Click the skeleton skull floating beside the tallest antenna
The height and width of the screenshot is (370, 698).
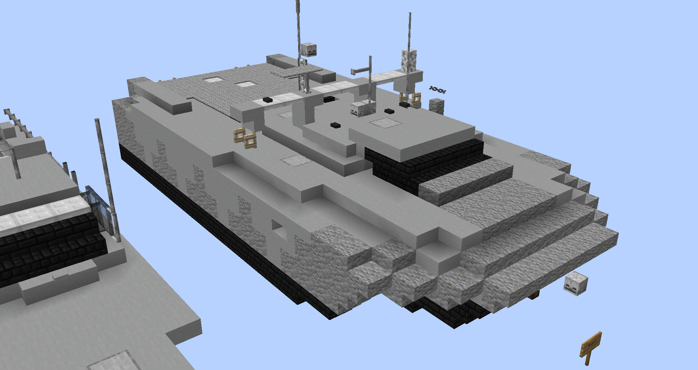pyautogui.click(x=309, y=49)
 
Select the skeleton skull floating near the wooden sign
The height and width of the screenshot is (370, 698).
pyautogui.click(x=575, y=283)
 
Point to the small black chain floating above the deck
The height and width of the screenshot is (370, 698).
pyautogui.click(x=437, y=89)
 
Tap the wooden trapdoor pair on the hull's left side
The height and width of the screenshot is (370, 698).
pyautogui.click(x=245, y=138)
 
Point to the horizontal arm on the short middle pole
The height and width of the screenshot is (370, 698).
pyautogui.click(x=360, y=70)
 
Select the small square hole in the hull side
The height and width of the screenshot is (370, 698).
pyautogui.click(x=277, y=226)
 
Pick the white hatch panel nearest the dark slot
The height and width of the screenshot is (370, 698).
pyautogui.click(x=385, y=123)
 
